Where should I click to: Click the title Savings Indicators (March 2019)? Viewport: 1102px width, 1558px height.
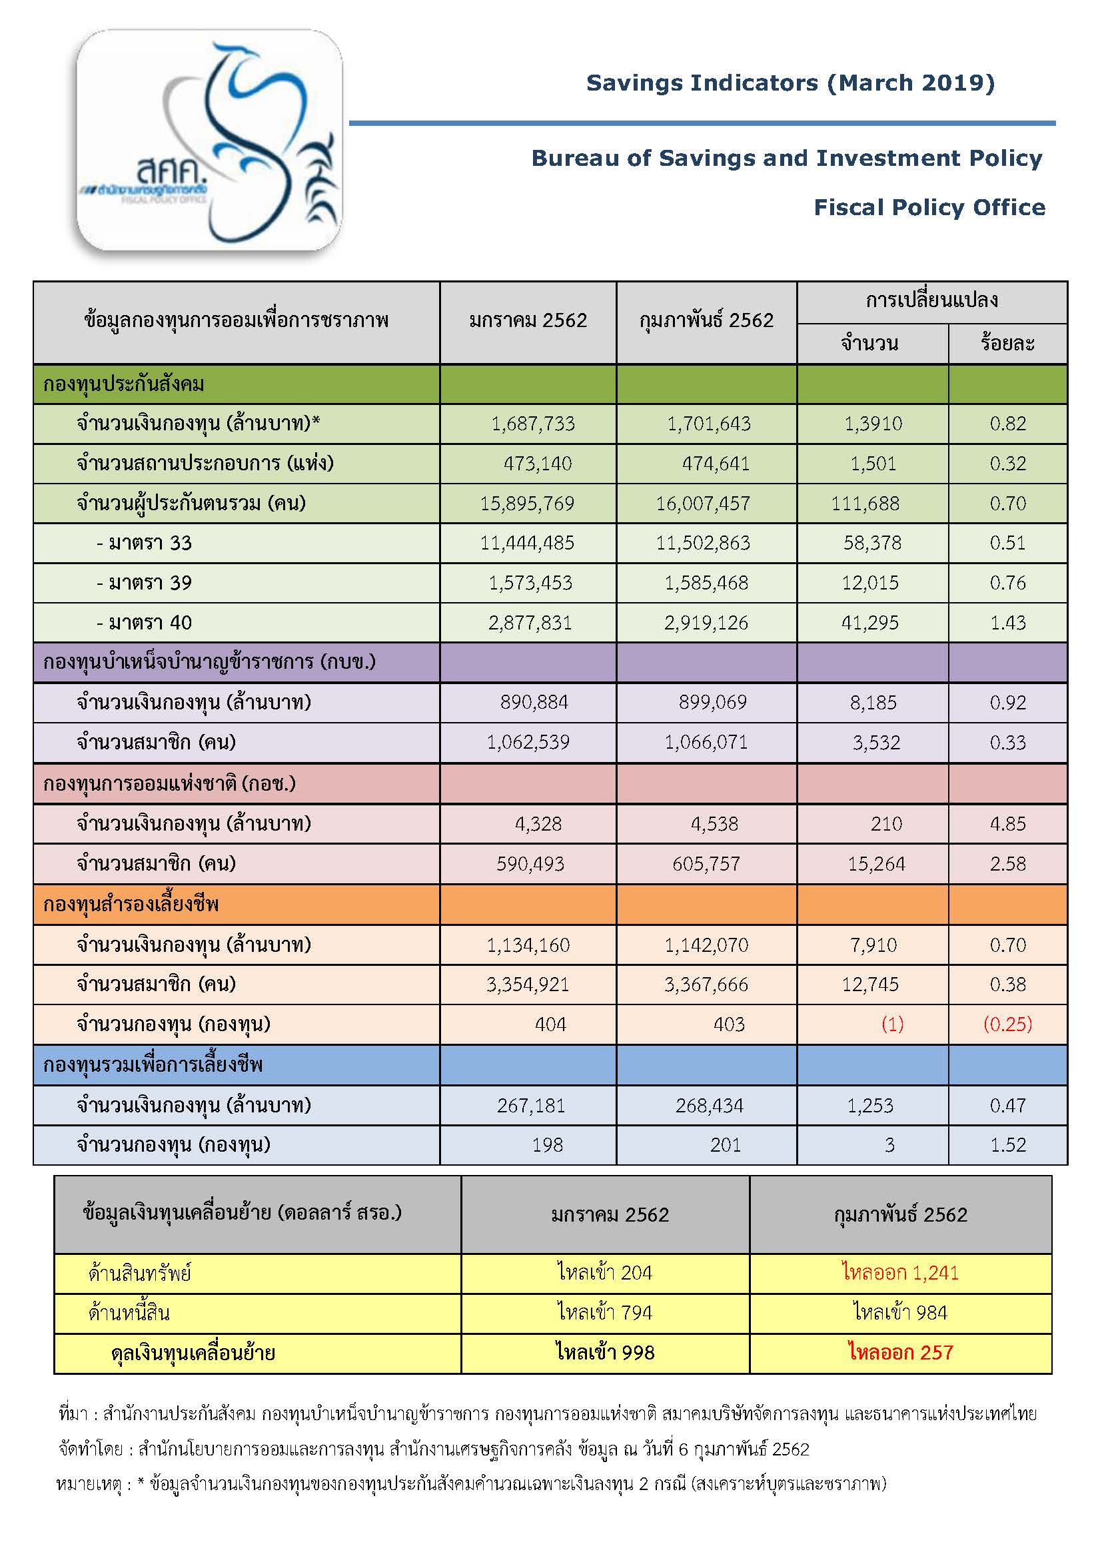pos(790,83)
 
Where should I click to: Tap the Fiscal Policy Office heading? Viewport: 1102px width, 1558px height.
pos(929,208)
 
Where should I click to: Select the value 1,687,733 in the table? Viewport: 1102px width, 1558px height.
pos(533,424)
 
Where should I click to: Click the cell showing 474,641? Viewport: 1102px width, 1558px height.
pos(715,464)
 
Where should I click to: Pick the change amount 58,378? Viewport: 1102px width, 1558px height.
pos(872,543)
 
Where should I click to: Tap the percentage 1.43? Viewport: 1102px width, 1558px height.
pos(1007,622)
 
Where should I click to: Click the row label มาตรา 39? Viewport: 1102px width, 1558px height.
pos(144,583)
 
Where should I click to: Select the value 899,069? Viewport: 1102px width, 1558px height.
pos(712,702)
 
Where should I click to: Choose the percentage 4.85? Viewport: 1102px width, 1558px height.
pos(1007,824)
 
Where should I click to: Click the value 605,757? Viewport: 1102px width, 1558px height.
pos(706,864)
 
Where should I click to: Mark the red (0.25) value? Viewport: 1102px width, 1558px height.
pos(1007,1024)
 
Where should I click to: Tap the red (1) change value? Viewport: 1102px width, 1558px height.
pos(891,1024)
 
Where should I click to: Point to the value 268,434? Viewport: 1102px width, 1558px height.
pos(709,1106)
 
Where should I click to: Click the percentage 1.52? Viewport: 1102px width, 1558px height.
pos(1007,1146)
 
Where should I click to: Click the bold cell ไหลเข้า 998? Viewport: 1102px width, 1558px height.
pos(604,1352)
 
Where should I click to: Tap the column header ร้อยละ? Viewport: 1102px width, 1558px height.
pos(1007,343)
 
